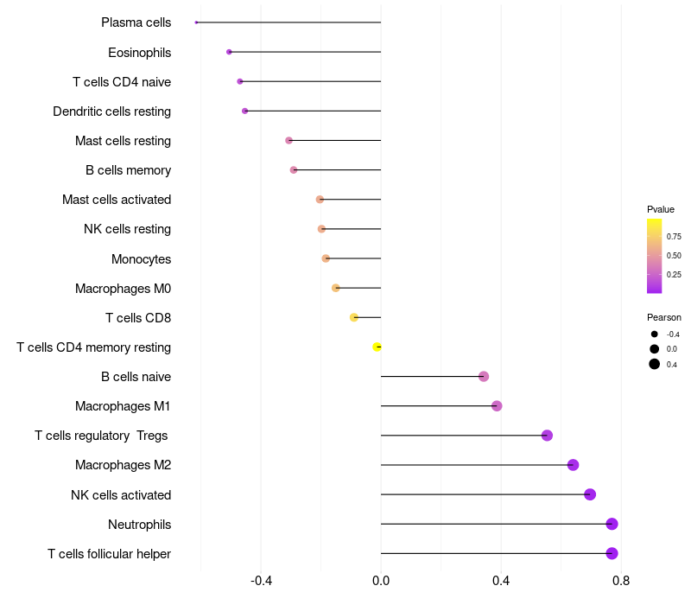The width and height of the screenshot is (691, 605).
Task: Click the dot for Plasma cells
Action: tap(197, 22)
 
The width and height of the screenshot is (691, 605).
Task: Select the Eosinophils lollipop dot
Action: tap(229, 52)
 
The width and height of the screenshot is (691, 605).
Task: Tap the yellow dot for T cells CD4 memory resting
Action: tap(377, 347)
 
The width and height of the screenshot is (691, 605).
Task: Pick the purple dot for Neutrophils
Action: tap(612, 524)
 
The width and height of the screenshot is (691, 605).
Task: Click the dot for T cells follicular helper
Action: tap(612, 553)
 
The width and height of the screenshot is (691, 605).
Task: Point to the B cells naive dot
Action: tap(484, 376)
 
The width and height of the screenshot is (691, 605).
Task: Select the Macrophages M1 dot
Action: tap(497, 406)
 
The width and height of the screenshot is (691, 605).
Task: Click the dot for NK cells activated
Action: tap(590, 494)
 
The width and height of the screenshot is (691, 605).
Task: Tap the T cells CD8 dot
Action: tap(354, 317)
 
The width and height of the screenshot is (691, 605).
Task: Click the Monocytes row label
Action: tap(141, 259)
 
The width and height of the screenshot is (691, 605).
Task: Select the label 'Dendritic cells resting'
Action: tap(111, 111)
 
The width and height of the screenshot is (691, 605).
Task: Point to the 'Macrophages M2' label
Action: tap(123, 465)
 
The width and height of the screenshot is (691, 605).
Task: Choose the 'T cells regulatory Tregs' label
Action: tap(101, 436)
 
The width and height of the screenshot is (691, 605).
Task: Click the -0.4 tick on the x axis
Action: tap(261, 580)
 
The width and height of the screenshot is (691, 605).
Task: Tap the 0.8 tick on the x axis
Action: tap(620, 580)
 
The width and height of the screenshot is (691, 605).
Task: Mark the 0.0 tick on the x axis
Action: tap(381, 580)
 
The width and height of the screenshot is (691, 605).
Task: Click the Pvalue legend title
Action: tap(661, 209)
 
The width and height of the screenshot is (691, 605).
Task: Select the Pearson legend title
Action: tap(664, 317)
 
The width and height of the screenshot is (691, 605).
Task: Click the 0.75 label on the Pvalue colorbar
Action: tap(674, 236)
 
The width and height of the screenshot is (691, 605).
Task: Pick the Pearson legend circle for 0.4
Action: tap(655, 364)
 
